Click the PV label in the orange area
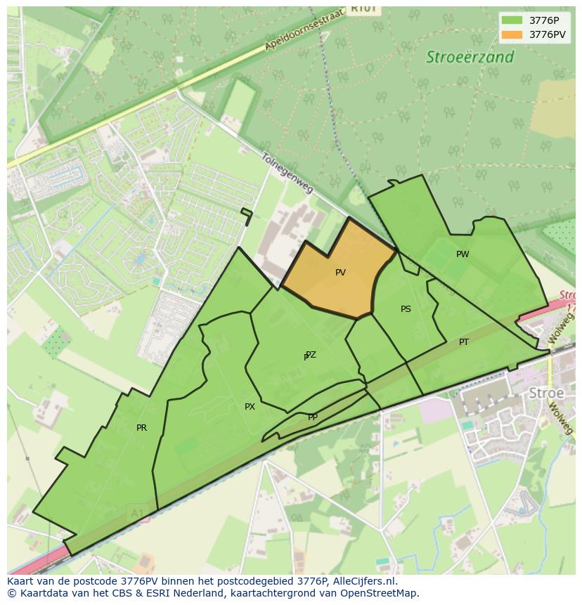click(340, 273)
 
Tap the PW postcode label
click(463, 254)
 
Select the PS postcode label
click(406, 309)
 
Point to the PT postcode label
click(464, 342)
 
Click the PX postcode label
click(250, 407)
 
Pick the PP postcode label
click(313, 417)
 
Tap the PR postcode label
click(141, 428)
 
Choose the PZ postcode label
click(311, 355)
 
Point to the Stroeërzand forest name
click(470, 58)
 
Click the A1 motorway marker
click(136, 514)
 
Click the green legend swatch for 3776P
click(512, 20)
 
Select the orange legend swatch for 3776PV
click(512, 34)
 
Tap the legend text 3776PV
click(548, 34)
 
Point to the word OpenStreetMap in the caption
click(380, 593)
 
